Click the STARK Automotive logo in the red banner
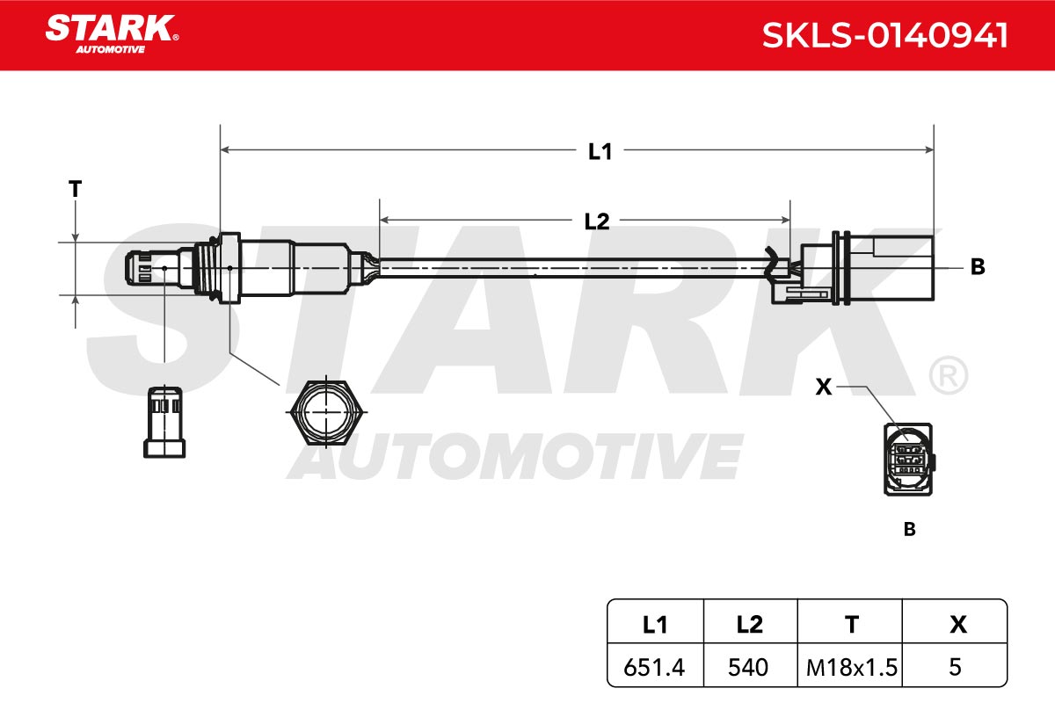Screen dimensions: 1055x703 [x=113, y=34]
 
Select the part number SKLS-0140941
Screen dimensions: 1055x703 [x=885, y=35]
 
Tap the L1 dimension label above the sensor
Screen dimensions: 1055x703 [x=600, y=152]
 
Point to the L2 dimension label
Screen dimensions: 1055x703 [x=597, y=221]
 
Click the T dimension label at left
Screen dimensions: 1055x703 [x=76, y=189]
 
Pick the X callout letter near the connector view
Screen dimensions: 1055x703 [x=824, y=387]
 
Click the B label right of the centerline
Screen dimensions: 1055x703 [x=978, y=267]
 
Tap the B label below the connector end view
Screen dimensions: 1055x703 [x=909, y=529]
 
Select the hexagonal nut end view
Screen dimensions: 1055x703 [x=326, y=412]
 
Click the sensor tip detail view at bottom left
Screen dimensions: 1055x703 [x=164, y=422]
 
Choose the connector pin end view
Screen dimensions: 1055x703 [x=909, y=459]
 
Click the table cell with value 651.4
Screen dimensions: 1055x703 [x=654, y=667]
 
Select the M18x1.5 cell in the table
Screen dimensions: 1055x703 [x=852, y=667]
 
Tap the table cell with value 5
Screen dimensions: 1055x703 [x=955, y=667]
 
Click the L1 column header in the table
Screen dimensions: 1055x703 [x=655, y=625]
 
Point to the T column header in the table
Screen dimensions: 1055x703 [x=852, y=625]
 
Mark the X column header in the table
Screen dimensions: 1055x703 [x=958, y=625]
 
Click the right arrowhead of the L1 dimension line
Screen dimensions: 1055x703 [x=928, y=149]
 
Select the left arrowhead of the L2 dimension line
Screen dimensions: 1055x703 [x=384, y=220]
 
